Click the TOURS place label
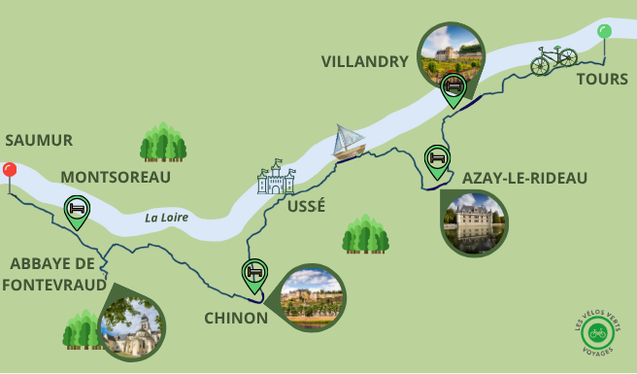[x=602, y=79]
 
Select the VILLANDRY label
[x=365, y=62]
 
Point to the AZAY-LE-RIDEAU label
[x=525, y=178]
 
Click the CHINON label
[x=236, y=318]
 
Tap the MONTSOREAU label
[x=116, y=177]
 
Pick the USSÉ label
[x=307, y=206]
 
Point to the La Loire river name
[x=166, y=218]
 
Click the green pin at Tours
[x=604, y=32]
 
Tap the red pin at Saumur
[x=10, y=171]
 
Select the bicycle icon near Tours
[x=553, y=60]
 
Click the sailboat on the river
[x=348, y=142]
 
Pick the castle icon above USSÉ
[x=275, y=178]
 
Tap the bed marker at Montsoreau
[x=77, y=209]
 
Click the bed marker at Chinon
[x=254, y=273]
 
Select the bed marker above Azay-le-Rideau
[x=438, y=157]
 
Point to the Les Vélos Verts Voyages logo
[x=597, y=332]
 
